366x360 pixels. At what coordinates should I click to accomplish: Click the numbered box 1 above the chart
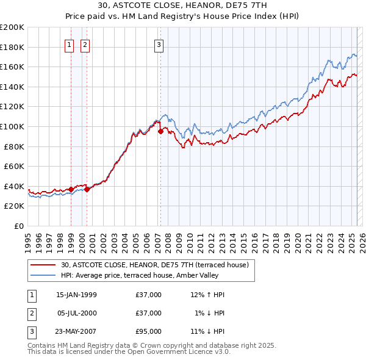click(x=69, y=45)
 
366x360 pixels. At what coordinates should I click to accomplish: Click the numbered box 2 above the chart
click(x=85, y=45)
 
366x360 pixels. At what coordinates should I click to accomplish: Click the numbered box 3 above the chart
click(x=159, y=45)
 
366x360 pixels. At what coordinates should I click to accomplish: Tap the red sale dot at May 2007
click(x=160, y=131)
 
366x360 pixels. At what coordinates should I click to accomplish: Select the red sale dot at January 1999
click(x=71, y=189)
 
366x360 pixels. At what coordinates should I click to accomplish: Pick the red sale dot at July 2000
click(x=87, y=189)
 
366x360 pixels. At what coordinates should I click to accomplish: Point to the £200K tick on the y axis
click(x=12, y=27)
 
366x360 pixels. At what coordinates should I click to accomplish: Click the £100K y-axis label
click(x=12, y=126)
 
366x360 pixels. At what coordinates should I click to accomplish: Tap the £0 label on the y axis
click(x=18, y=226)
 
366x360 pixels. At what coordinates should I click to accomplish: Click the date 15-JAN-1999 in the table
click(x=76, y=295)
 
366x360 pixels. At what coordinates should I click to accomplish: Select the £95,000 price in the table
click(x=149, y=331)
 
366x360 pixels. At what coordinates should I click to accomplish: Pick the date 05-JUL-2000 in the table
click(x=76, y=313)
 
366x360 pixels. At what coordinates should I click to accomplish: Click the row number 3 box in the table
click(x=30, y=331)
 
